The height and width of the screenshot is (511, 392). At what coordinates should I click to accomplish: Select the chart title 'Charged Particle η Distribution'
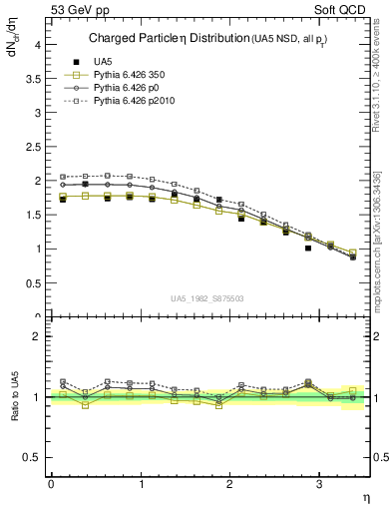[160, 39]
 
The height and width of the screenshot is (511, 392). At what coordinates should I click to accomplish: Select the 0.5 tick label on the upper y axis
[32, 283]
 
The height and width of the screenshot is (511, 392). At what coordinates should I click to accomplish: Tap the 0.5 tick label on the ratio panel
[32, 457]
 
